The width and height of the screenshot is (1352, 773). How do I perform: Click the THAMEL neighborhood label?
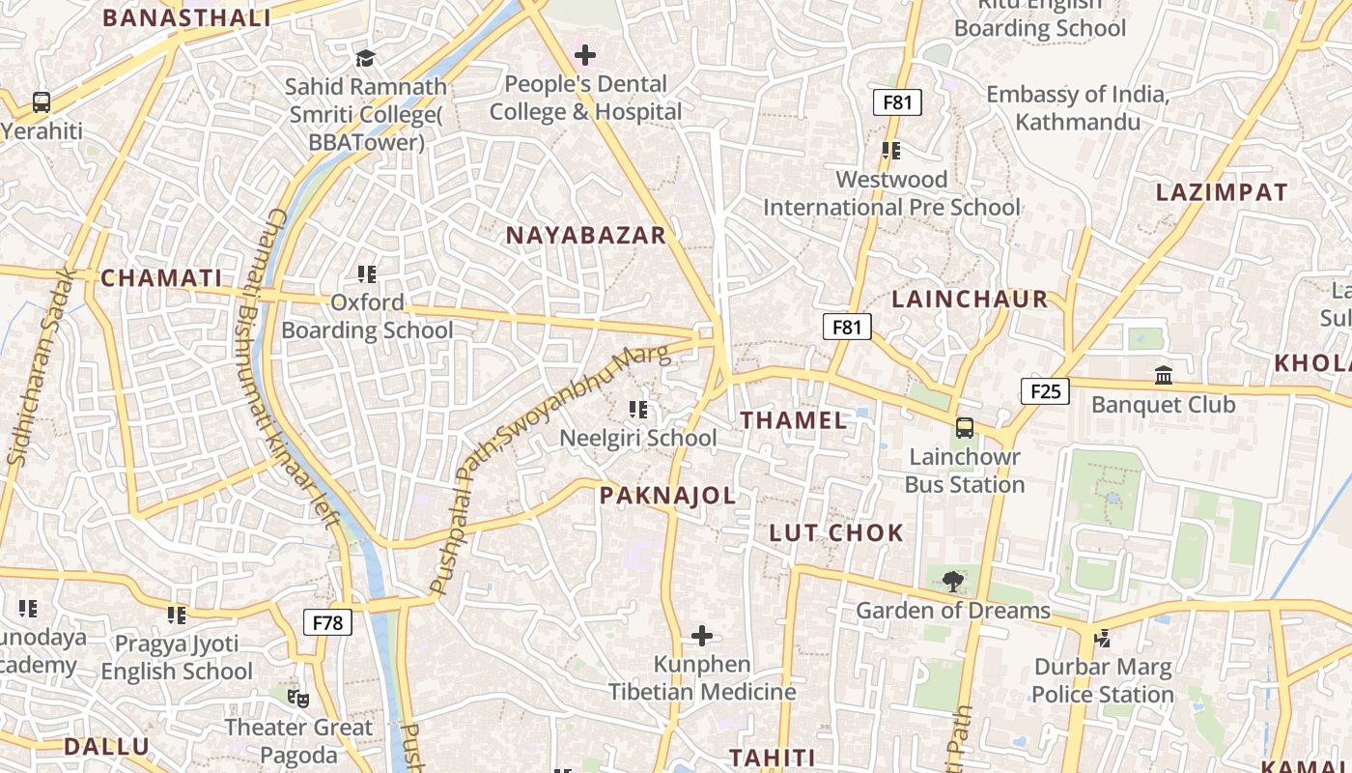[x=794, y=420]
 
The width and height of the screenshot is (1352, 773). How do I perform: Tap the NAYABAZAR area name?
[x=586, y=235]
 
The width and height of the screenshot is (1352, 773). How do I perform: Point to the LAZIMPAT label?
[x=1222, y=192]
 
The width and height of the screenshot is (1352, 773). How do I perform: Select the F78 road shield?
[x=327, y=623]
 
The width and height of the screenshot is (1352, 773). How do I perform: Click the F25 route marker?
[x=1045, y=391]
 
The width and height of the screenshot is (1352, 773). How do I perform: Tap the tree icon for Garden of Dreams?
[x=952, y=581]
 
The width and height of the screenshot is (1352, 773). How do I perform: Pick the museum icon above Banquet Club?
[x=1163, y=375]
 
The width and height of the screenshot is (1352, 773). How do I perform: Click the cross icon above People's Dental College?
[x=585, y=55]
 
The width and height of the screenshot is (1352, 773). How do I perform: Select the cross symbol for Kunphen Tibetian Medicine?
[x=702, y=636]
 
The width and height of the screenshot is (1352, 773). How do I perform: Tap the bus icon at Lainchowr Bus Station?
[x=964, y=428]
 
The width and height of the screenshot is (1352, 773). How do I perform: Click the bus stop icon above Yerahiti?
[x=42, y=101]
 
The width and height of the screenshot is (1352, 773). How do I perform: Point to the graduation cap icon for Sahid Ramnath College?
[x=365, y=59]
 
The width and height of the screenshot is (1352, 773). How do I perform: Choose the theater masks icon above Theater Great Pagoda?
[x=297, y=697]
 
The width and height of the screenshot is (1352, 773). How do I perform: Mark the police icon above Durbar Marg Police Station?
[x=1102, y=638]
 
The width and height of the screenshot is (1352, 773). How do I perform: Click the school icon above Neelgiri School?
[x=637, y=410]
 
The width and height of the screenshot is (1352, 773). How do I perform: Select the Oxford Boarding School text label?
[x=367, y=317]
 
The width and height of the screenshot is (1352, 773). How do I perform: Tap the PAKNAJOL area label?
[x=667, y=497]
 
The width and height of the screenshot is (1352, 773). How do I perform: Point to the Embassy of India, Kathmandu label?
[x=1078, y=108]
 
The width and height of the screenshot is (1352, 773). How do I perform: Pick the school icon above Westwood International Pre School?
[x=890, y=151]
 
